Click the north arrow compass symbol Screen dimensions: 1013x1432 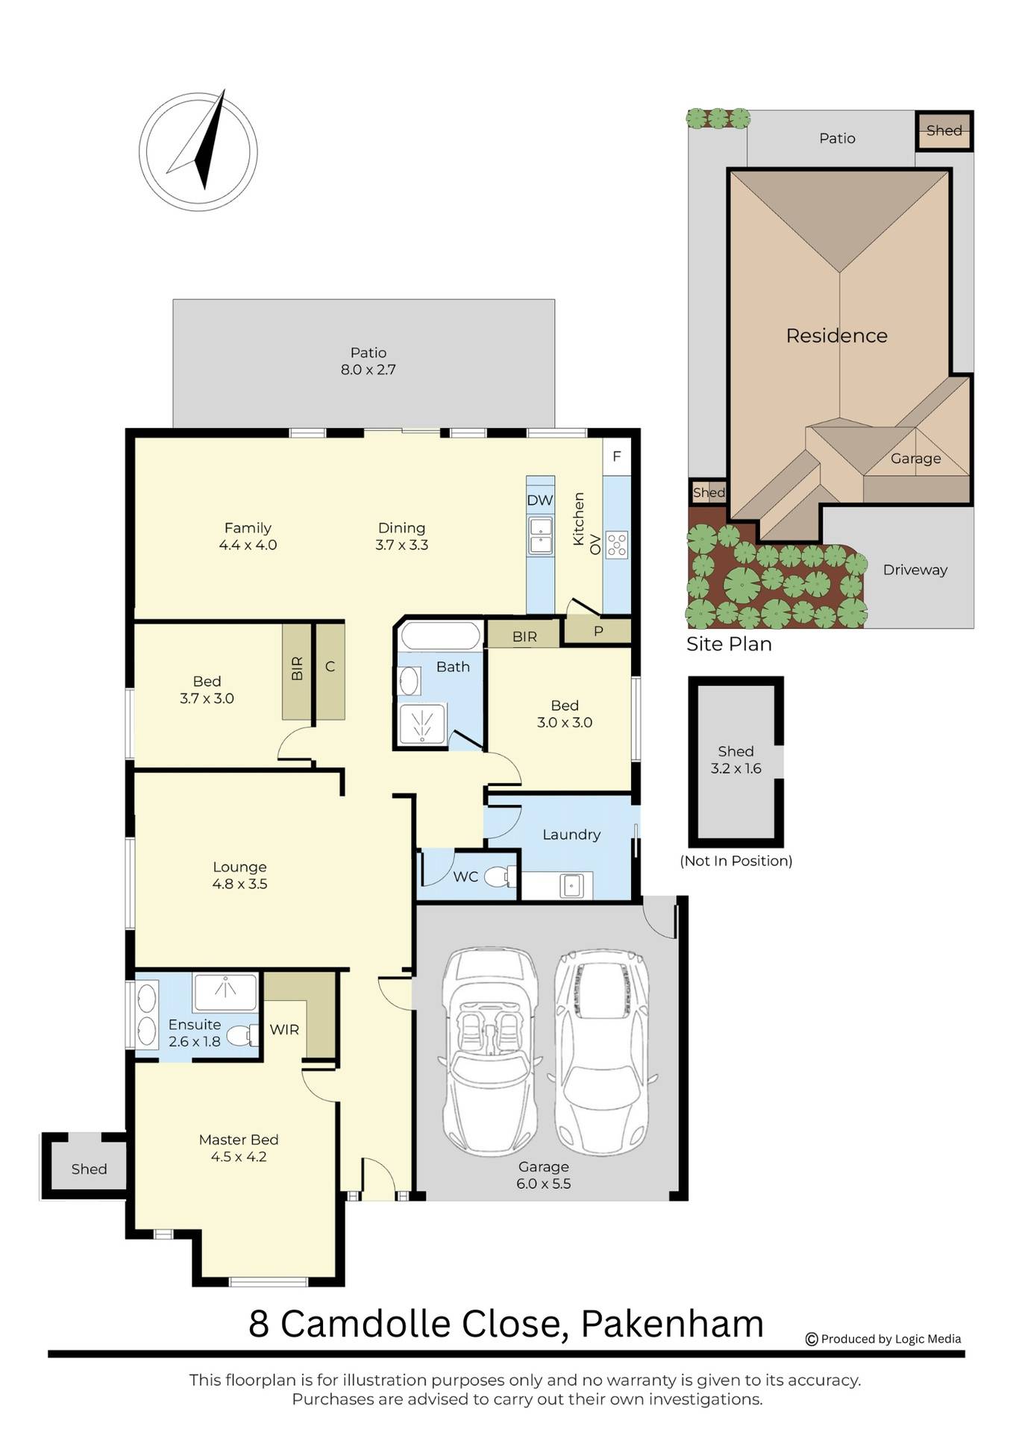point(198,151)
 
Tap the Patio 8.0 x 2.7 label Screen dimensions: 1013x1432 point(368,361)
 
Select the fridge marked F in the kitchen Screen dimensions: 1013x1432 point(617,456)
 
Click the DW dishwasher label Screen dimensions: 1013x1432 point(540,500)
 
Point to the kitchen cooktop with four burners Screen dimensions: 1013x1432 point(617,544)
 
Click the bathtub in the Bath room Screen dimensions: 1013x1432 point(439,636)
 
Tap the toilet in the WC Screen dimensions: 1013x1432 point(501,876)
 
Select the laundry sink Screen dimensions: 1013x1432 point(571,886)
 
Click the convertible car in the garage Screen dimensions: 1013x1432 point(490,1052)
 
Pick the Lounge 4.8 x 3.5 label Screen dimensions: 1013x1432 point(239,876)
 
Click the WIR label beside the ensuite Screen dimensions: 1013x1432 point(284,1029)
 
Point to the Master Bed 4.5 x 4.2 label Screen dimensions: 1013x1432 point(239,1148)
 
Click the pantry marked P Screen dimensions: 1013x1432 point(598,631)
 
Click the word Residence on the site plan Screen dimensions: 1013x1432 point(837,336)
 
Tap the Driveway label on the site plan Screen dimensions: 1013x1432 point(915,570)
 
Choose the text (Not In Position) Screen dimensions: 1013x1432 point(736,861)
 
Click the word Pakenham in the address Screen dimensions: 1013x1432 point(672,1324)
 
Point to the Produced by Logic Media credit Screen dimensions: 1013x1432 point(883,1339)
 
